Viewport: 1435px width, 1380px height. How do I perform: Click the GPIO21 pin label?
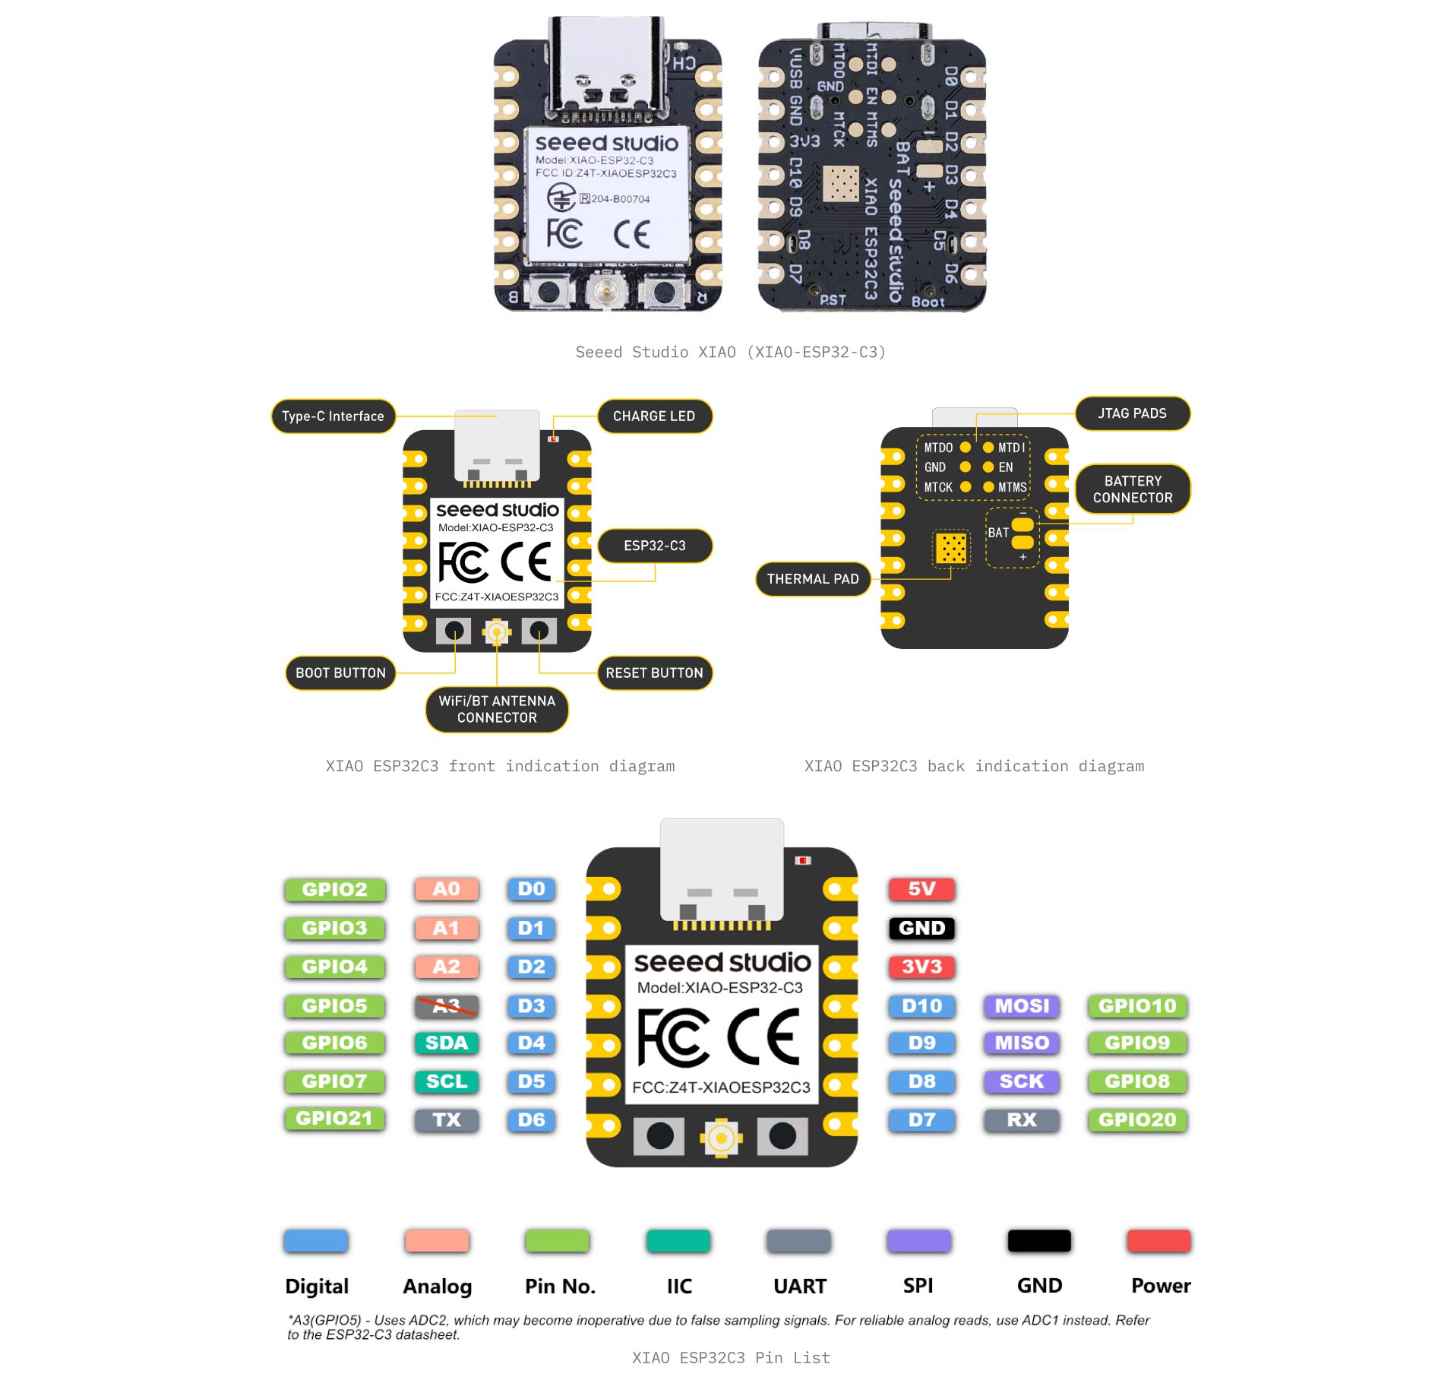tap(334, 1119)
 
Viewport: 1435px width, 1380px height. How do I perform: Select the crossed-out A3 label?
tap(447, 1006)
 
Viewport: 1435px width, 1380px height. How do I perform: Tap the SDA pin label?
tap(447, 1043)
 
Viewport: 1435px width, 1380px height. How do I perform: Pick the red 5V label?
tap(921, 889)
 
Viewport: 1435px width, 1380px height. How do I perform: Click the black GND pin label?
tap(921, 928)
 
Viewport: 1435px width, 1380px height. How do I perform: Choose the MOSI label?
tap(1022, 1006)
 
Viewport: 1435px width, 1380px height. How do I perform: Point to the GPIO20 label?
tap(1136, 1119)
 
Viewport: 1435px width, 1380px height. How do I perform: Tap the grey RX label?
tap(1022, 1119)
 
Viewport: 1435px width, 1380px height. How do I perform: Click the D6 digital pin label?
tap(531, 1119)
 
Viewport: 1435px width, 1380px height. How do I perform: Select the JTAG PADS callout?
tap(1132, 413)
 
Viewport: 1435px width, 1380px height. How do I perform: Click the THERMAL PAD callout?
tap(813, 579)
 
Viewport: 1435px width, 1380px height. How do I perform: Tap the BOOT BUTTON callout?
tap(340, 673)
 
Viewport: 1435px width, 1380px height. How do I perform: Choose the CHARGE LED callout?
tap(654, 416)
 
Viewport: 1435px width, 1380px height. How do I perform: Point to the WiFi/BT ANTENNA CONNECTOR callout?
tap(497, 709)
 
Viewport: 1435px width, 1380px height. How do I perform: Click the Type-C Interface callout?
tap(333, 416)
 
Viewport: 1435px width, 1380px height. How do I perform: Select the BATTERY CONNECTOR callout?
tap(1133, 489)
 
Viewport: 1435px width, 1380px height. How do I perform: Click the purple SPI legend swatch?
tap(918, 1241)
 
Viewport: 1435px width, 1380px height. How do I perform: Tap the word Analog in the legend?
tap(438, 1287)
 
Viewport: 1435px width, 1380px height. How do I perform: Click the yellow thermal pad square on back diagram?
tap(951, 548)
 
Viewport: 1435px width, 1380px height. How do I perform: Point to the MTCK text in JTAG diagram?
tap(938, 488)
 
